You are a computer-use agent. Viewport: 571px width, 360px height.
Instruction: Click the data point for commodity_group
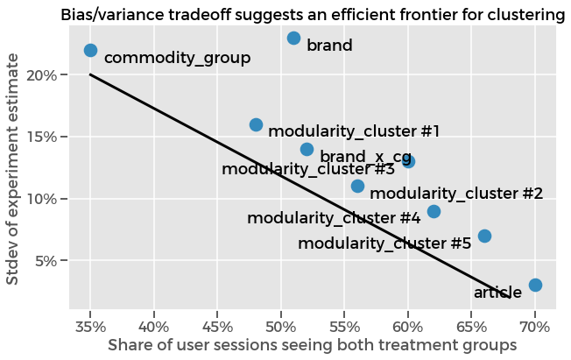(90, 51)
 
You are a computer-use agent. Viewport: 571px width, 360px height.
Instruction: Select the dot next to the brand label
(293, 38)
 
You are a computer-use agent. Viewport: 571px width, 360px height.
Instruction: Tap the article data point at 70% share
(535, 285)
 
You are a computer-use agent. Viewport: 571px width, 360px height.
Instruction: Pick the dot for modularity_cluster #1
(256, 124)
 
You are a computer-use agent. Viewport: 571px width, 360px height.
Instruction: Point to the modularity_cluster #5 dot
(484, 236)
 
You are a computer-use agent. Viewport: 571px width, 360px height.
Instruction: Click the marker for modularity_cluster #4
(434, 211)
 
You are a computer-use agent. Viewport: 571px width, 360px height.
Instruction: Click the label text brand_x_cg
(366, 157)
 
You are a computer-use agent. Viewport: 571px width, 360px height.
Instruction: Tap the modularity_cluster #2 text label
(456, 193)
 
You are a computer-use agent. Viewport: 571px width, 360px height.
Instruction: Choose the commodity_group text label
(177, 59)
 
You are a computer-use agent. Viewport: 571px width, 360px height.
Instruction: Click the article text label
(497, 293)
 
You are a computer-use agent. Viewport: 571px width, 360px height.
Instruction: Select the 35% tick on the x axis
(90, 327)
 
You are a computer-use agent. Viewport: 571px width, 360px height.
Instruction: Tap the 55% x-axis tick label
(344, 327)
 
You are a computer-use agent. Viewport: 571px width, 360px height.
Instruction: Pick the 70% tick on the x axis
(535, 327)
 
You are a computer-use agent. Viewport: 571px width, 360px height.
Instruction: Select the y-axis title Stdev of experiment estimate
(14, 168)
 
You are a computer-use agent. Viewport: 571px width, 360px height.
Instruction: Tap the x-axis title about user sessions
(312, 346)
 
